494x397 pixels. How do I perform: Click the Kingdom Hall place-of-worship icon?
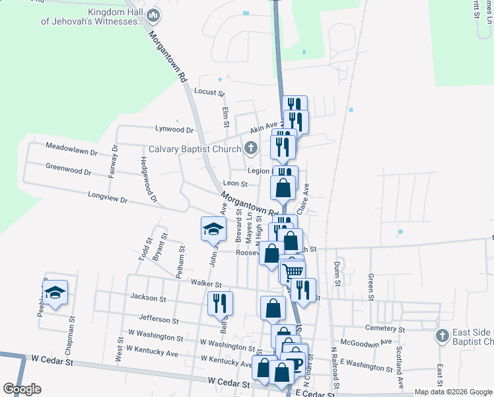(153, 15)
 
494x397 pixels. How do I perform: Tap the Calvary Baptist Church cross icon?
(250, 148)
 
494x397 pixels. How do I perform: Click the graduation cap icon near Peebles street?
(55, 291)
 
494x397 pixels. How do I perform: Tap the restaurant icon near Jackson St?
(220, 302)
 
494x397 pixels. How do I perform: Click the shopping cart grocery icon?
(293, 271)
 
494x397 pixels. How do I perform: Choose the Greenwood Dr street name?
(69, 169)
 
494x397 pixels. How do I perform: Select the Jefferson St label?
(159, 320)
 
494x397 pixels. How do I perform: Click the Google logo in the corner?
(22, 389)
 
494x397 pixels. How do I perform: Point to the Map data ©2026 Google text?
(452, 392)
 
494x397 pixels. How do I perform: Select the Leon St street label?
(235, 184)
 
